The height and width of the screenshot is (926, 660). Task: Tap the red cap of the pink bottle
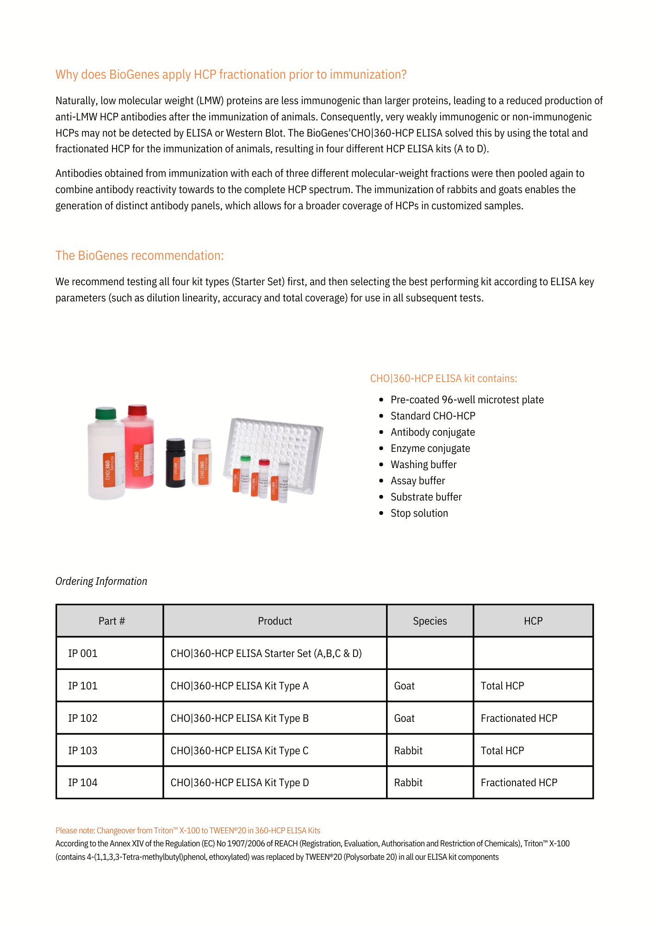point(137,410)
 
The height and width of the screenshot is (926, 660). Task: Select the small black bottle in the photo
point(175,463)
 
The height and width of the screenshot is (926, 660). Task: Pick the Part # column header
point(112,621)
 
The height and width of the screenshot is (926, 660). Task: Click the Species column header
point(430,621)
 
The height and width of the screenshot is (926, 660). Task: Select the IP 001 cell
point(83,653)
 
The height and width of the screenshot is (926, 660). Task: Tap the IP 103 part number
point(83,751)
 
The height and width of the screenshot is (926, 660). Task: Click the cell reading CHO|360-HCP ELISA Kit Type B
point(239,718)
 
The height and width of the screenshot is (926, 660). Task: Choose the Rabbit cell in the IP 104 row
point(408,782)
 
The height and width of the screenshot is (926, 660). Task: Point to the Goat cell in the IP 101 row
point(404,686)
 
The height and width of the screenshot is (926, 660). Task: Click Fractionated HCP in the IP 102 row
point(519,718)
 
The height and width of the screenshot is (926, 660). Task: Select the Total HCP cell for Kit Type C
point(502,751)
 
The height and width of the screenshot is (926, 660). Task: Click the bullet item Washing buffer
point(423,464)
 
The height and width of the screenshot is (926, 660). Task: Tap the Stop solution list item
point(419,513)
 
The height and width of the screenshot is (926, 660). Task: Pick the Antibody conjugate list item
point(433,432)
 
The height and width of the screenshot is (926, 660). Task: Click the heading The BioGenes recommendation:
point(139,256)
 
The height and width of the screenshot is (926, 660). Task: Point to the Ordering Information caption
point(101,581)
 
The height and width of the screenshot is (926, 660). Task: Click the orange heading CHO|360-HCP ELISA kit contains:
point(443,378)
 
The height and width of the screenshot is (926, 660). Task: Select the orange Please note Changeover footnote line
point(187,831)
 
